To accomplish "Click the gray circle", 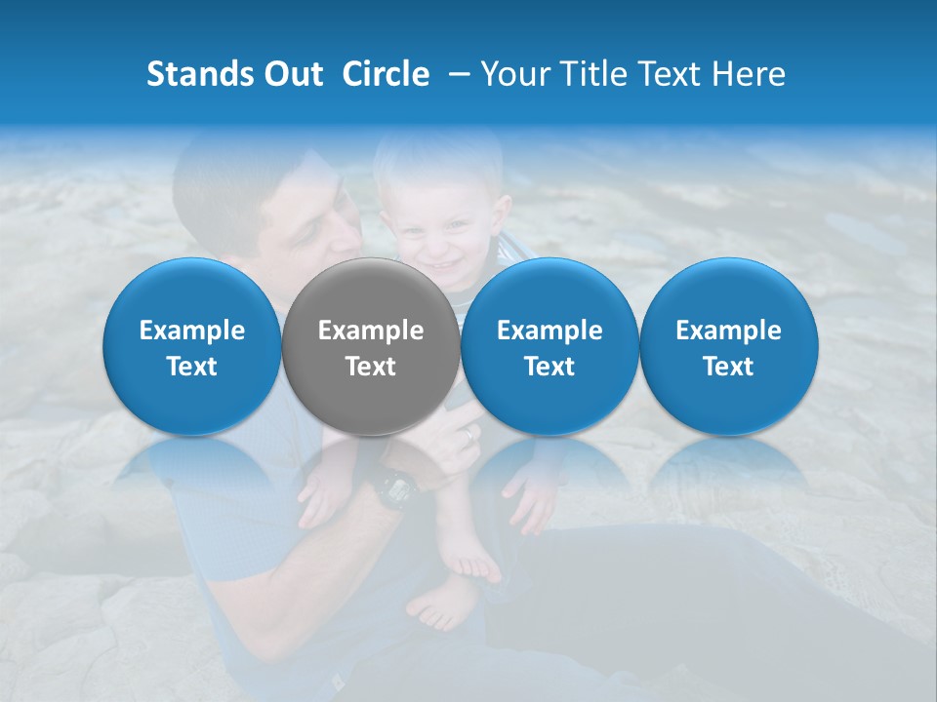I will pos(370,347).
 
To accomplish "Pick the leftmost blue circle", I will pos(191,347).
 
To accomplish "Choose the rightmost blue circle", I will pos(728,347).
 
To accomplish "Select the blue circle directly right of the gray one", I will pos(550,347).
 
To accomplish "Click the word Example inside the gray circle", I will pos(370,331).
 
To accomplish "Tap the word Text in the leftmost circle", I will pos(191,367).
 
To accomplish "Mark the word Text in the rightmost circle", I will pos(728,367).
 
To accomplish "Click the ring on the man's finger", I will pos(470,433).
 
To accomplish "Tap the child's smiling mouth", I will pos(444,266).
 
